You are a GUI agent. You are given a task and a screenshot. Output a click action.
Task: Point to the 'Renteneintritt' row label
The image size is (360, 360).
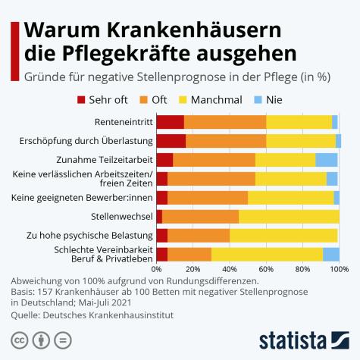coord(123,121)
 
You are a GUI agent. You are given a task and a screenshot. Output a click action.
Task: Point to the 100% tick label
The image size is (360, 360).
coord(338,268)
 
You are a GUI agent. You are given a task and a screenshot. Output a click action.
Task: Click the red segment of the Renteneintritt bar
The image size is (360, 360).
coord(170,121)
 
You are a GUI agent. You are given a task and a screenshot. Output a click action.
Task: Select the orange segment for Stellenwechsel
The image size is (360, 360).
coord(200,217)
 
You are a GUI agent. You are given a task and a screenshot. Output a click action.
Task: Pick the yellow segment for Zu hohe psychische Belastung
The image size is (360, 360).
coord(283,236)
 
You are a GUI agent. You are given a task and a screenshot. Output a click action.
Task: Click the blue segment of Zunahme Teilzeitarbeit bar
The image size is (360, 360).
coord(327,159)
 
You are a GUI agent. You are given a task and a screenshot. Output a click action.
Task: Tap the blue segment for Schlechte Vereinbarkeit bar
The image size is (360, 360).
coord(330,255)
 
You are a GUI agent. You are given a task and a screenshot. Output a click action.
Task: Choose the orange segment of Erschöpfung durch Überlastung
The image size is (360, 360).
coord(226,140)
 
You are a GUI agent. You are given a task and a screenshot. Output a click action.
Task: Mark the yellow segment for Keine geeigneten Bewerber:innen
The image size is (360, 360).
coord(290,198)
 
